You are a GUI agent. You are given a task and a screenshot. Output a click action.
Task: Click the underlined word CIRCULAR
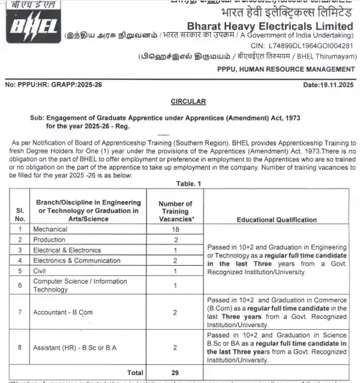(180, 101)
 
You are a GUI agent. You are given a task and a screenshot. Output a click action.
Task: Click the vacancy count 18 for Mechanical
(176, 228)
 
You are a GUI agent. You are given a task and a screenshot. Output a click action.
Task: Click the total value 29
(176, 373)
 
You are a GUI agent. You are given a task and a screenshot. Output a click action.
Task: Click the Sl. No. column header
(20, 213)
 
